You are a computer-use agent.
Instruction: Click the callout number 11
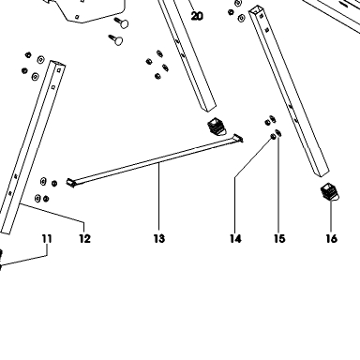47,239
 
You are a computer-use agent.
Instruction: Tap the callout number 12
84,239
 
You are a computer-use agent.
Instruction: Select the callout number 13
159,239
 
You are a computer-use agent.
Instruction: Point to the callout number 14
235,239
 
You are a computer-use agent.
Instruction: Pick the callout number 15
279,239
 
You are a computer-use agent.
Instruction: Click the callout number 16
332,239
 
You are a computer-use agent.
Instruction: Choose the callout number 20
197,16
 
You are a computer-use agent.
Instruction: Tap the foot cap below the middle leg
217,127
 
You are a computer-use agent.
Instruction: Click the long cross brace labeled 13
155,160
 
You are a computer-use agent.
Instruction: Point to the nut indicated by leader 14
273,136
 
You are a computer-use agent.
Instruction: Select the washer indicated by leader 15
278,133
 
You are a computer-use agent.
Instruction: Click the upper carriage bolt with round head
121,22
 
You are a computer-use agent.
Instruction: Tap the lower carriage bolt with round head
115,39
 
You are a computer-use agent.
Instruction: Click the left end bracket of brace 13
70,183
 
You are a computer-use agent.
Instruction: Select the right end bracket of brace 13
238,138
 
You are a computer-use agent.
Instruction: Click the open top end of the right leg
256,10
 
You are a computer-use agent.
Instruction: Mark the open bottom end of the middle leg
208,107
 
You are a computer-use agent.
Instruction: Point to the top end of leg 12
58,64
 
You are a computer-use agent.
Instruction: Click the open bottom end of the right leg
322,172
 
